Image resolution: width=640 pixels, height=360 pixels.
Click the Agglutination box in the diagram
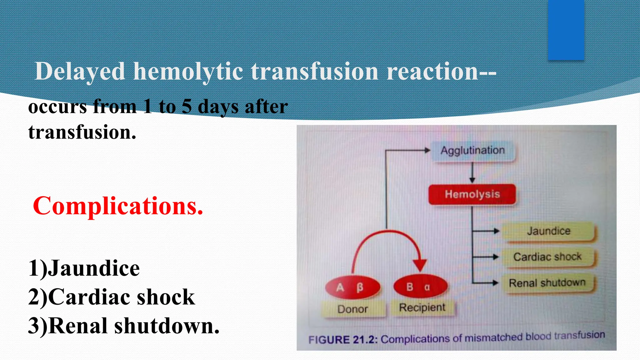472,151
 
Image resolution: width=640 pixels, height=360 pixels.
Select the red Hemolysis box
472,194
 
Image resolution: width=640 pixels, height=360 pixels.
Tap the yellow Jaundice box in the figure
548,231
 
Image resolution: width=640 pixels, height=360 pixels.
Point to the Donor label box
353,309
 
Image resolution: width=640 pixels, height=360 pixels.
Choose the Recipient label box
422,307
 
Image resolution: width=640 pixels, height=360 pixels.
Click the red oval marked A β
352,287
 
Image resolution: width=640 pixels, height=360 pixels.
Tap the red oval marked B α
420,287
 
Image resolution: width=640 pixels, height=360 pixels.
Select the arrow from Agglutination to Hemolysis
472,173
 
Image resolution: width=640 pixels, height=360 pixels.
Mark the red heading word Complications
118,206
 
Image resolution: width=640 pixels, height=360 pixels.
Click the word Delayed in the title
80,72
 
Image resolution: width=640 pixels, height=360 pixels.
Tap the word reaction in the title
433,72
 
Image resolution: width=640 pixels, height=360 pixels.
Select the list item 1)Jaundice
84,268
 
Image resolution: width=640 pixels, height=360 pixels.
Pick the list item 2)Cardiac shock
112,297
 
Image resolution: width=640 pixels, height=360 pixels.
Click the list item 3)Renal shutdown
124,326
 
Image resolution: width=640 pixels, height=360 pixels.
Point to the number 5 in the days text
187,106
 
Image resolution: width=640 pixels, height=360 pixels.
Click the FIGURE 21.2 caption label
343,340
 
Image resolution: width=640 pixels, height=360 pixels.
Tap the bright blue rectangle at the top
566,30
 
